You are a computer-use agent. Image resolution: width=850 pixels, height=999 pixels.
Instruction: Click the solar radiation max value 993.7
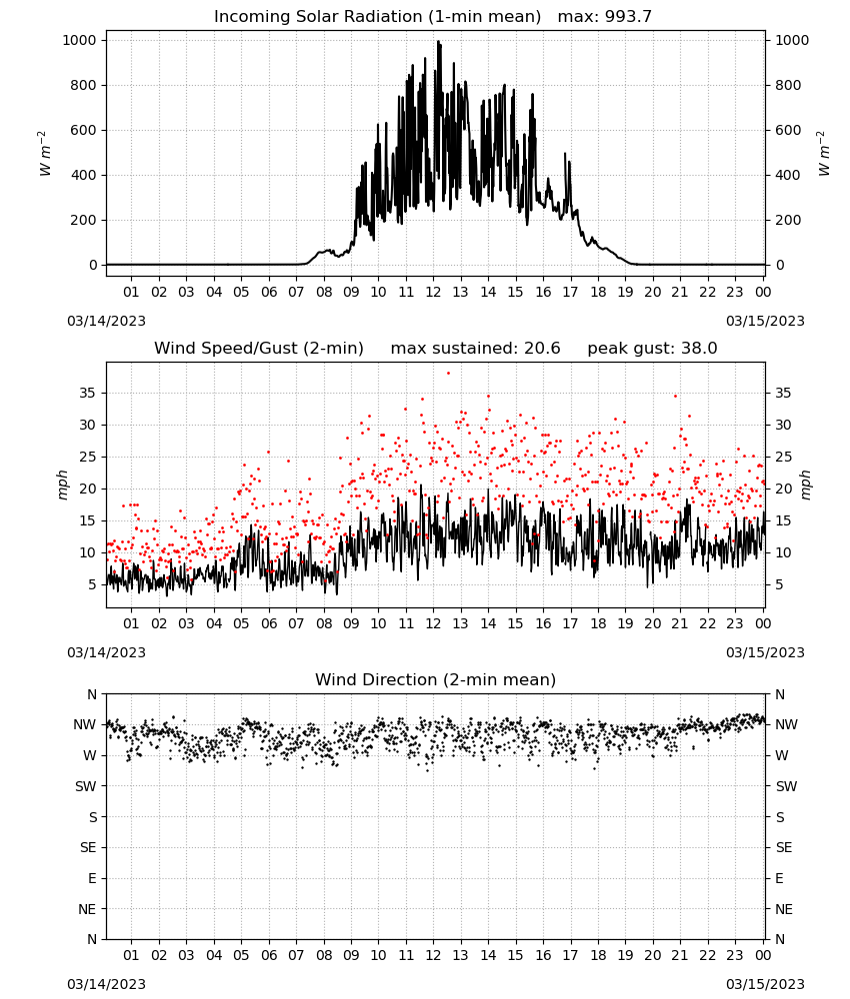tap(628, 17)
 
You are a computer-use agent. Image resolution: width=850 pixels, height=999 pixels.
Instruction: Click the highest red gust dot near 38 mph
tap(448, 374)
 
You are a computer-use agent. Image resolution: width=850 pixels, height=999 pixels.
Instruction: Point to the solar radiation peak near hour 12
tap(438, 42)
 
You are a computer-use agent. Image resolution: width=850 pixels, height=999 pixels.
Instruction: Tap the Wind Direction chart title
tap(436, 679)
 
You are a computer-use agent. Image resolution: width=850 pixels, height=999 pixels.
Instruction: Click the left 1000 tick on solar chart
tap(79, 40)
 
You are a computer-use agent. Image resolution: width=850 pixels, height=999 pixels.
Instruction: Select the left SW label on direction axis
tap(85, 786)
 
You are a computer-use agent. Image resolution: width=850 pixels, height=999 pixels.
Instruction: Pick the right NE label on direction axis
tap(784, 909)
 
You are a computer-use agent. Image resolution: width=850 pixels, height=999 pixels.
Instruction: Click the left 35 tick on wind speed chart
tap(87, 393)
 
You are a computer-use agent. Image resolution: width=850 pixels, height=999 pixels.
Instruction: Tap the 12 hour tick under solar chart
tap(433, 292)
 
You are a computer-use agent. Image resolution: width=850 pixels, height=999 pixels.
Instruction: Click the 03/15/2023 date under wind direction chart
tap(765, 984)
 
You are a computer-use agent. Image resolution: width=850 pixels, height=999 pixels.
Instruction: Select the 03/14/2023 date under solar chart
tap(106, 321)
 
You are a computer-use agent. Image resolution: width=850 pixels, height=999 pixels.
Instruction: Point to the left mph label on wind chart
tap(62, 485)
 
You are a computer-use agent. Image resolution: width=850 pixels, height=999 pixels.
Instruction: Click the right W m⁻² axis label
tap(823, 153)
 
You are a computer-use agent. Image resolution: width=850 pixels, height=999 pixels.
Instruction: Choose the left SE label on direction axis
tap(88, 847)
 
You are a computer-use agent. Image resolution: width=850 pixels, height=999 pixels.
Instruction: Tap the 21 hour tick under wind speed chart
tap(680, 623)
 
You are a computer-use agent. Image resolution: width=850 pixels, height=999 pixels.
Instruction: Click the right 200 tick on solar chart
tap(788, 220)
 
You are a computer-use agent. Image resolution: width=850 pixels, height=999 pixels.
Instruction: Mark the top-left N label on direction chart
tap(92, 694)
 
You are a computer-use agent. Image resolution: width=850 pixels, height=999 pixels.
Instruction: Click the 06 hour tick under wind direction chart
tap(268, 955)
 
